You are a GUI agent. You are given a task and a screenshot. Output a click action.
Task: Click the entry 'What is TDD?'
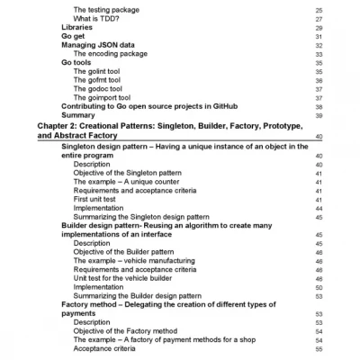tap(98, 18)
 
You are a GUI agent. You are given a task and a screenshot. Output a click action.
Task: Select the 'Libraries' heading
tap(79, 27)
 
